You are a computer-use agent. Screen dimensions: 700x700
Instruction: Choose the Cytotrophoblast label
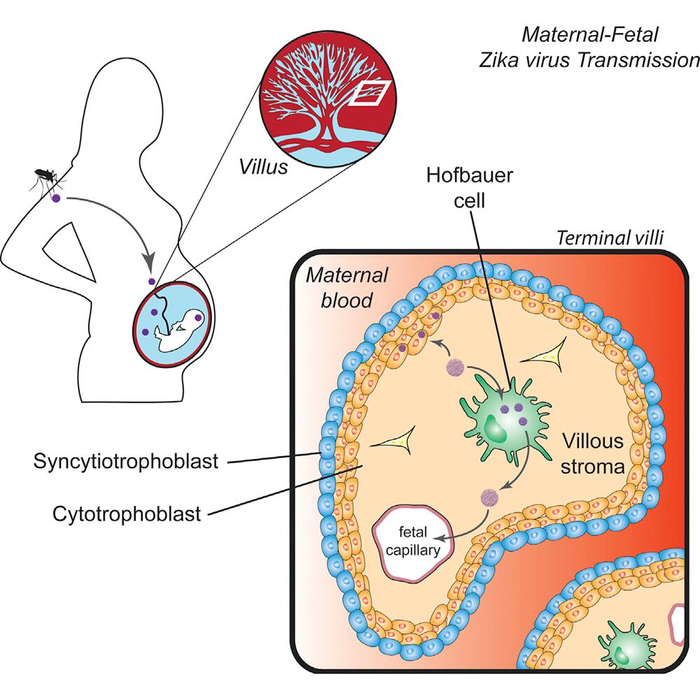pyautogui.click(x=127, y=514)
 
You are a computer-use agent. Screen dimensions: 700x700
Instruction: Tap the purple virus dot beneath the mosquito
pyautogui.click(x=56, y=199)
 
